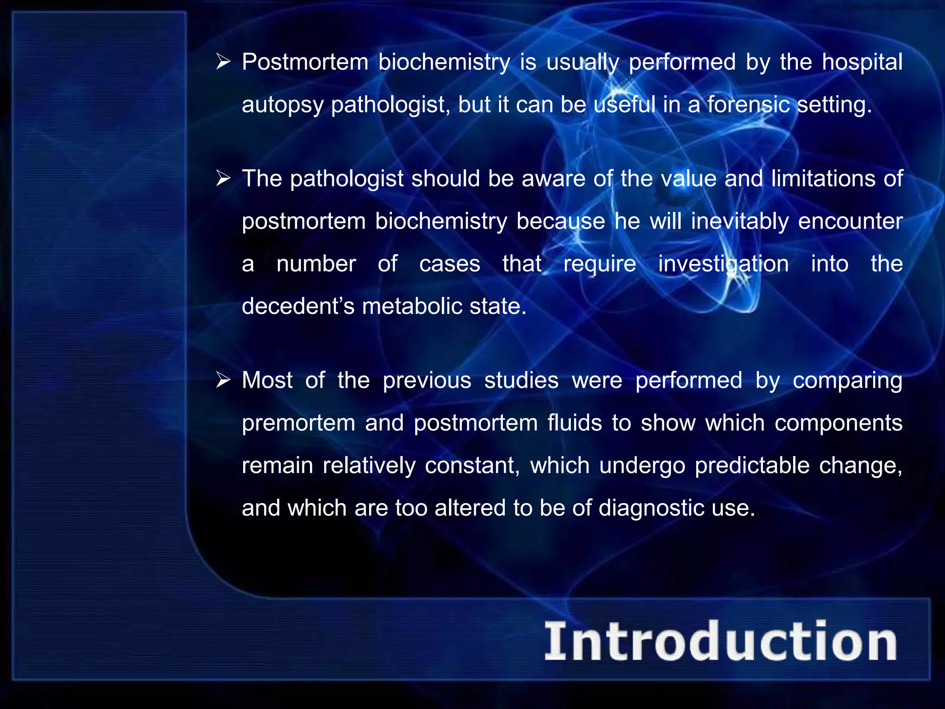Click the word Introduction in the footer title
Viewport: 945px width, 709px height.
[x=721, y=642]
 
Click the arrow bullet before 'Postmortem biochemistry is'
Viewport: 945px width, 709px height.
[x=223, y=62]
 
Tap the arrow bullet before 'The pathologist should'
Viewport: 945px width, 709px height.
[x=223, y=178]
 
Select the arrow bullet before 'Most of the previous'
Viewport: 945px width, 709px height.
[x=223, y=380]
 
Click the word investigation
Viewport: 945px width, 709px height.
[x=723, y=264]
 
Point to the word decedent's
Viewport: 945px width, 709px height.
[x=298, y=306]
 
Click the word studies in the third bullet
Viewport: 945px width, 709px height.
[x=521, y=380]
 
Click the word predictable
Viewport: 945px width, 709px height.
[x=752, y=465]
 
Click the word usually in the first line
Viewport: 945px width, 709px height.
[x=582, y=63]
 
